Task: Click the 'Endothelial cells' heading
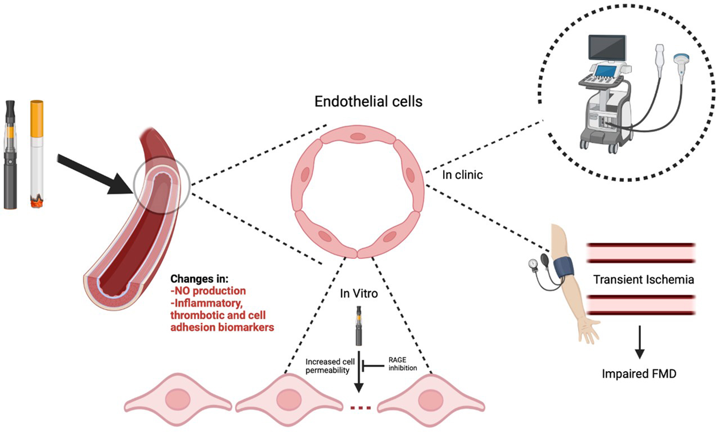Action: coord(368,101)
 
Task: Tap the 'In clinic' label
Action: coord(462,175)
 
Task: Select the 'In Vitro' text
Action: coord(359,293)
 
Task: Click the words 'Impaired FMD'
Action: coord(639,374)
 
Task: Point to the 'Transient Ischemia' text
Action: coord(643,280)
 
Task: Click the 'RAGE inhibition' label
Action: coord(402,364)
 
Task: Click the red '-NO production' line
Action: coord(208,291)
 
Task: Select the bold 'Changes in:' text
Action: coord(199,279)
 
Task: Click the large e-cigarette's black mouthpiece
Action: coord(10,109)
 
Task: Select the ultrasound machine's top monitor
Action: coord(607,48)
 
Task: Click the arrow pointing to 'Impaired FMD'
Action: coord(640,342)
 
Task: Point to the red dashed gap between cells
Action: coord(361,408)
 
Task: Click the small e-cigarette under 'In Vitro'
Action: coord(359,326)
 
